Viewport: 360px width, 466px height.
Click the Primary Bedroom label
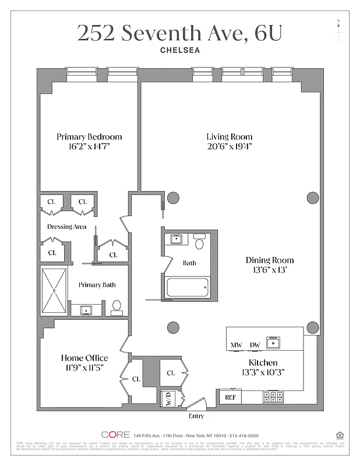click(89, 136)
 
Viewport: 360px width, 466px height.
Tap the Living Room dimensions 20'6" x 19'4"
click(229, 146)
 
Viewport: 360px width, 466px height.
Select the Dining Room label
click(269, 260)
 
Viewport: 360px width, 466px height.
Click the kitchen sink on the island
click(272, 343)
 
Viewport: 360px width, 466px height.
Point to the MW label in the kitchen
click(236, 345)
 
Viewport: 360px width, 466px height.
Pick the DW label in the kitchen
click(255, 345)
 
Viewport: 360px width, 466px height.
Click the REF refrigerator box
click(230, 397)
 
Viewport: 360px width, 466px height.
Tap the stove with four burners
click(273, 397)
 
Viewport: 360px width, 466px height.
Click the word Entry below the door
click(196, 416)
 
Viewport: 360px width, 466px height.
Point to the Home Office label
click(84, 358)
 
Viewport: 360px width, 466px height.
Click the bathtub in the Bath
click(188, 287)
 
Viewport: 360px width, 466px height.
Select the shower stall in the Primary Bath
click(54, 291)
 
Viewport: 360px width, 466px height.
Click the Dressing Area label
click(67, 227)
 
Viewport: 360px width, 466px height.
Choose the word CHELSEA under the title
click(179, 50)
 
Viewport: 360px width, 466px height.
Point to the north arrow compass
click(338, 29)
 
